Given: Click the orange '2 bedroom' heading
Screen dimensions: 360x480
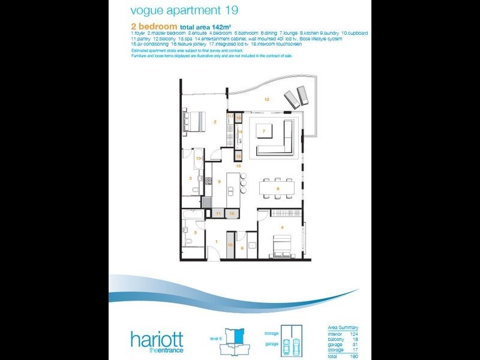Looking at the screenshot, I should coord(153,27).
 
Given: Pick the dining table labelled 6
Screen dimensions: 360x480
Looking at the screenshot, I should coord(278,188).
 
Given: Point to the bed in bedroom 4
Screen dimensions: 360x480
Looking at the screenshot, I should coord(284,245).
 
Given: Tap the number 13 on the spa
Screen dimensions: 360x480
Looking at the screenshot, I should coord(198,158).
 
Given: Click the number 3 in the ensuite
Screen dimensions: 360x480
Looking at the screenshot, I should coord(190,178).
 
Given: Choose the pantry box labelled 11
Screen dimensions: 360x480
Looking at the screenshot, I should coord(219,213).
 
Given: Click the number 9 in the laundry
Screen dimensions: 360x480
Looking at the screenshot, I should coord(242,248).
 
